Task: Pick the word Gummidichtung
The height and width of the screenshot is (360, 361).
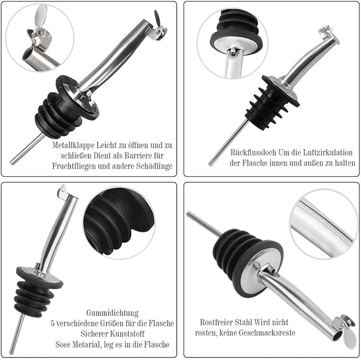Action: coord(112,313)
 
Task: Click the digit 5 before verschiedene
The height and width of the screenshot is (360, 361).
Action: coord(53,323)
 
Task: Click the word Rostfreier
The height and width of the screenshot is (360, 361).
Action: coord(216,322)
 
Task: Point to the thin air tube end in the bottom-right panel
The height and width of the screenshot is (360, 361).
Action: coord(189,214)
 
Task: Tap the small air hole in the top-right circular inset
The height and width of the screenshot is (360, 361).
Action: coord(233,52)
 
